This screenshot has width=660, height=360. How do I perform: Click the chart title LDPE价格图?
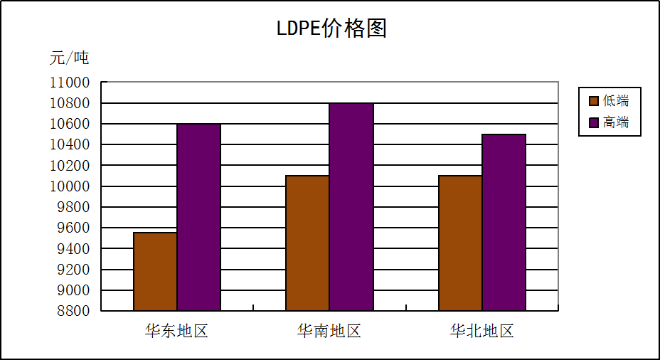(331, 28)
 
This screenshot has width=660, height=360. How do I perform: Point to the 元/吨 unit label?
(69, 58)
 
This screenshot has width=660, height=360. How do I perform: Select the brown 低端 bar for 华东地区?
(155, 271)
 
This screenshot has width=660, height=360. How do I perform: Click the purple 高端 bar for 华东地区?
(198, 217)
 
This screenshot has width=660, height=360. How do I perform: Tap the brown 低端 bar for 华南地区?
(307, 243)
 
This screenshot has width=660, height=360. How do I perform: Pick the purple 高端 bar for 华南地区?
(351, 206)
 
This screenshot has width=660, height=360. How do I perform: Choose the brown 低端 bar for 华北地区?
(460, 243)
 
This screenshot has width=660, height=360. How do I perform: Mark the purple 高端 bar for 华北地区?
(504, 222)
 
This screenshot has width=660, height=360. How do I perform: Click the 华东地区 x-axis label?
(176, 331)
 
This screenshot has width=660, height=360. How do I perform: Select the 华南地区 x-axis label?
(329, 331)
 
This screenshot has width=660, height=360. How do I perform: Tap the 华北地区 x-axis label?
(481, 331)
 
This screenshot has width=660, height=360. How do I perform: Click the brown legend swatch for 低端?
(593, 101)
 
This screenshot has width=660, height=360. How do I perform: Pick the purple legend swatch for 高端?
(593, 122)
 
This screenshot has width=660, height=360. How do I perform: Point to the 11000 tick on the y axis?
(70, 83)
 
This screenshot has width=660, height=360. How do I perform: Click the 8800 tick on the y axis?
(73, 311)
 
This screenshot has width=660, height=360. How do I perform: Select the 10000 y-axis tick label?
(70, 186)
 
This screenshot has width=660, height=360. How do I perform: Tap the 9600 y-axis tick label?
(73, 228)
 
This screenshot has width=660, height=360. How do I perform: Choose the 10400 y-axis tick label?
(70, 144)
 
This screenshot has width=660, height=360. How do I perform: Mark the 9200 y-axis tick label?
(73, 270)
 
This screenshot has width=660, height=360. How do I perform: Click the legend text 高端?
(616, 122)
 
